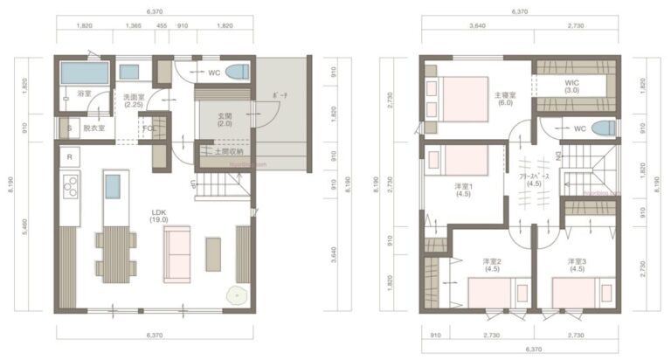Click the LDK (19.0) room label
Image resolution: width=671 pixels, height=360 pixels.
pyautogui.click(x=159, y=216)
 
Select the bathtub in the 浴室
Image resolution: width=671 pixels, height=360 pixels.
pyautogui.click(x=84, y=73)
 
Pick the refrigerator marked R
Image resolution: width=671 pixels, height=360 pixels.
pyautogui.click(x=69, y=156)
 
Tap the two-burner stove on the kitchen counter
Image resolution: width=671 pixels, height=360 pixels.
pyautogui.click(x=70, y=186)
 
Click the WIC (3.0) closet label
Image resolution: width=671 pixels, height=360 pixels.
pyautogui.click(x=572, y=86)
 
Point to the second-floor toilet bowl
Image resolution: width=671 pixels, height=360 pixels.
pyautogui.click(x=602, y=129)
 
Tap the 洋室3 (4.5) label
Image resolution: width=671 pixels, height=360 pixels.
pyautogui.click(x=576, y=265)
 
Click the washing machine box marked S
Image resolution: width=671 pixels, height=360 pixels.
pyautogui.click(x=69, y=128)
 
